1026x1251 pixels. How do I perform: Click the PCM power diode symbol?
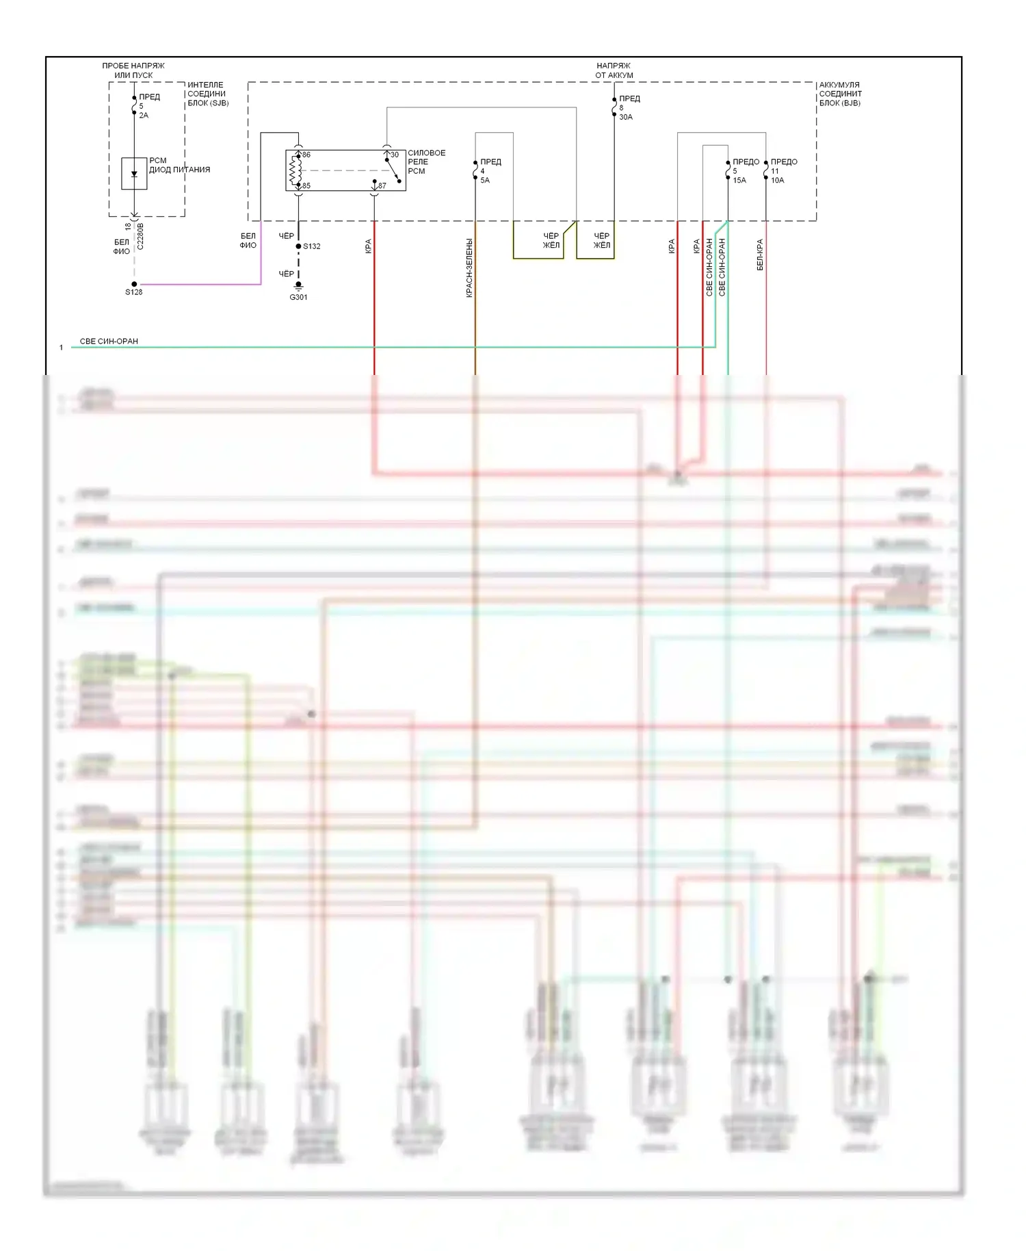coord(134,174)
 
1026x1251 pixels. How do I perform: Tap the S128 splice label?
coord(134,292)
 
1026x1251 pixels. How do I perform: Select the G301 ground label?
coord(298,298)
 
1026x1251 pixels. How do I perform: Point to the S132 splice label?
coord(312,246)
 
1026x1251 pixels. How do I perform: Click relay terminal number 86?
coord(306,155)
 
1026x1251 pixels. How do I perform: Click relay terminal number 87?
coord(382,185)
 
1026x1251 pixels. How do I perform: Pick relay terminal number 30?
coord(395,155)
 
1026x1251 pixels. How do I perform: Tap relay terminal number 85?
coord(306,185)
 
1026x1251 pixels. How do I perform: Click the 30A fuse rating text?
coord(626,117)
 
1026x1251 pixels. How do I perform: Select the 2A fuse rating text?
coord(144,116)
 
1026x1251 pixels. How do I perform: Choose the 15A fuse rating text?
coord(739,181)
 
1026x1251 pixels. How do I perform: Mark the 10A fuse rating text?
coord(778,181)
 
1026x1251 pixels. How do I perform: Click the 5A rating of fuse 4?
coord(485,181)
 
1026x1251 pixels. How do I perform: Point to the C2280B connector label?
coord(140,235)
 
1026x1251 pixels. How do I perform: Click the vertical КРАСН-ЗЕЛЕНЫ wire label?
coord(469,268)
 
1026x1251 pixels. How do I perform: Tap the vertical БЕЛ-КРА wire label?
coord(760,255)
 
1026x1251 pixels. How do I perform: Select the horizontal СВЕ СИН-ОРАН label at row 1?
coord(109,341)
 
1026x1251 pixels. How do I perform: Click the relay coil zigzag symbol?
coord(295,170)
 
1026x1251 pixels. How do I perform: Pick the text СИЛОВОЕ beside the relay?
coord(427,153)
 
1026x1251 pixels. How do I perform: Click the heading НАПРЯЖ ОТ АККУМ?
coord(614,70)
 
